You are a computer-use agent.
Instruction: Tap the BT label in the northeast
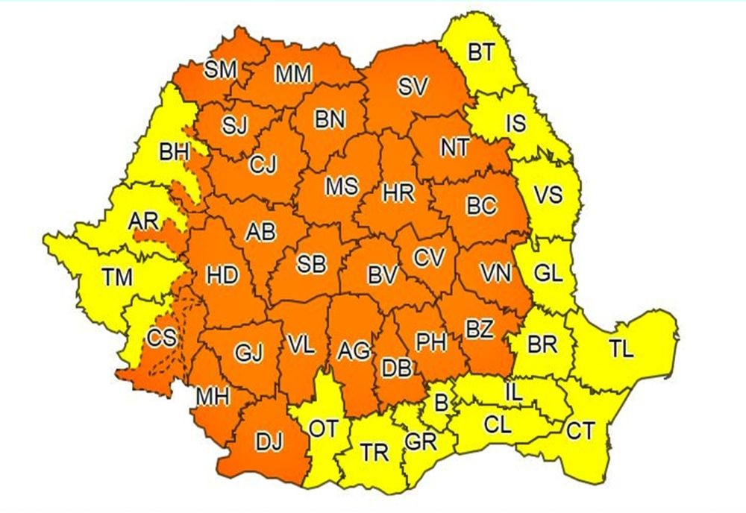pos(480,53)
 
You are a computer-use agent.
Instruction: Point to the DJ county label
pos(270,443)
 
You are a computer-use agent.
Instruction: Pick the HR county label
pos(392,192)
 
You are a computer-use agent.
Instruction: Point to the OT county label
pos(323,429)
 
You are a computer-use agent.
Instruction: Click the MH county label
pos(212,397)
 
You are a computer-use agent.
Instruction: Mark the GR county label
pos(421,440)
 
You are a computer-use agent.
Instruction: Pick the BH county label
pos(174,153)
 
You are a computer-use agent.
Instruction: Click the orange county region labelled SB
pos(311,263)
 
